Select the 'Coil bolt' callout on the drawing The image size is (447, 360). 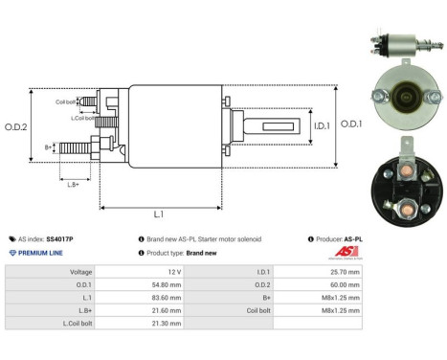(x=65, y=101)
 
